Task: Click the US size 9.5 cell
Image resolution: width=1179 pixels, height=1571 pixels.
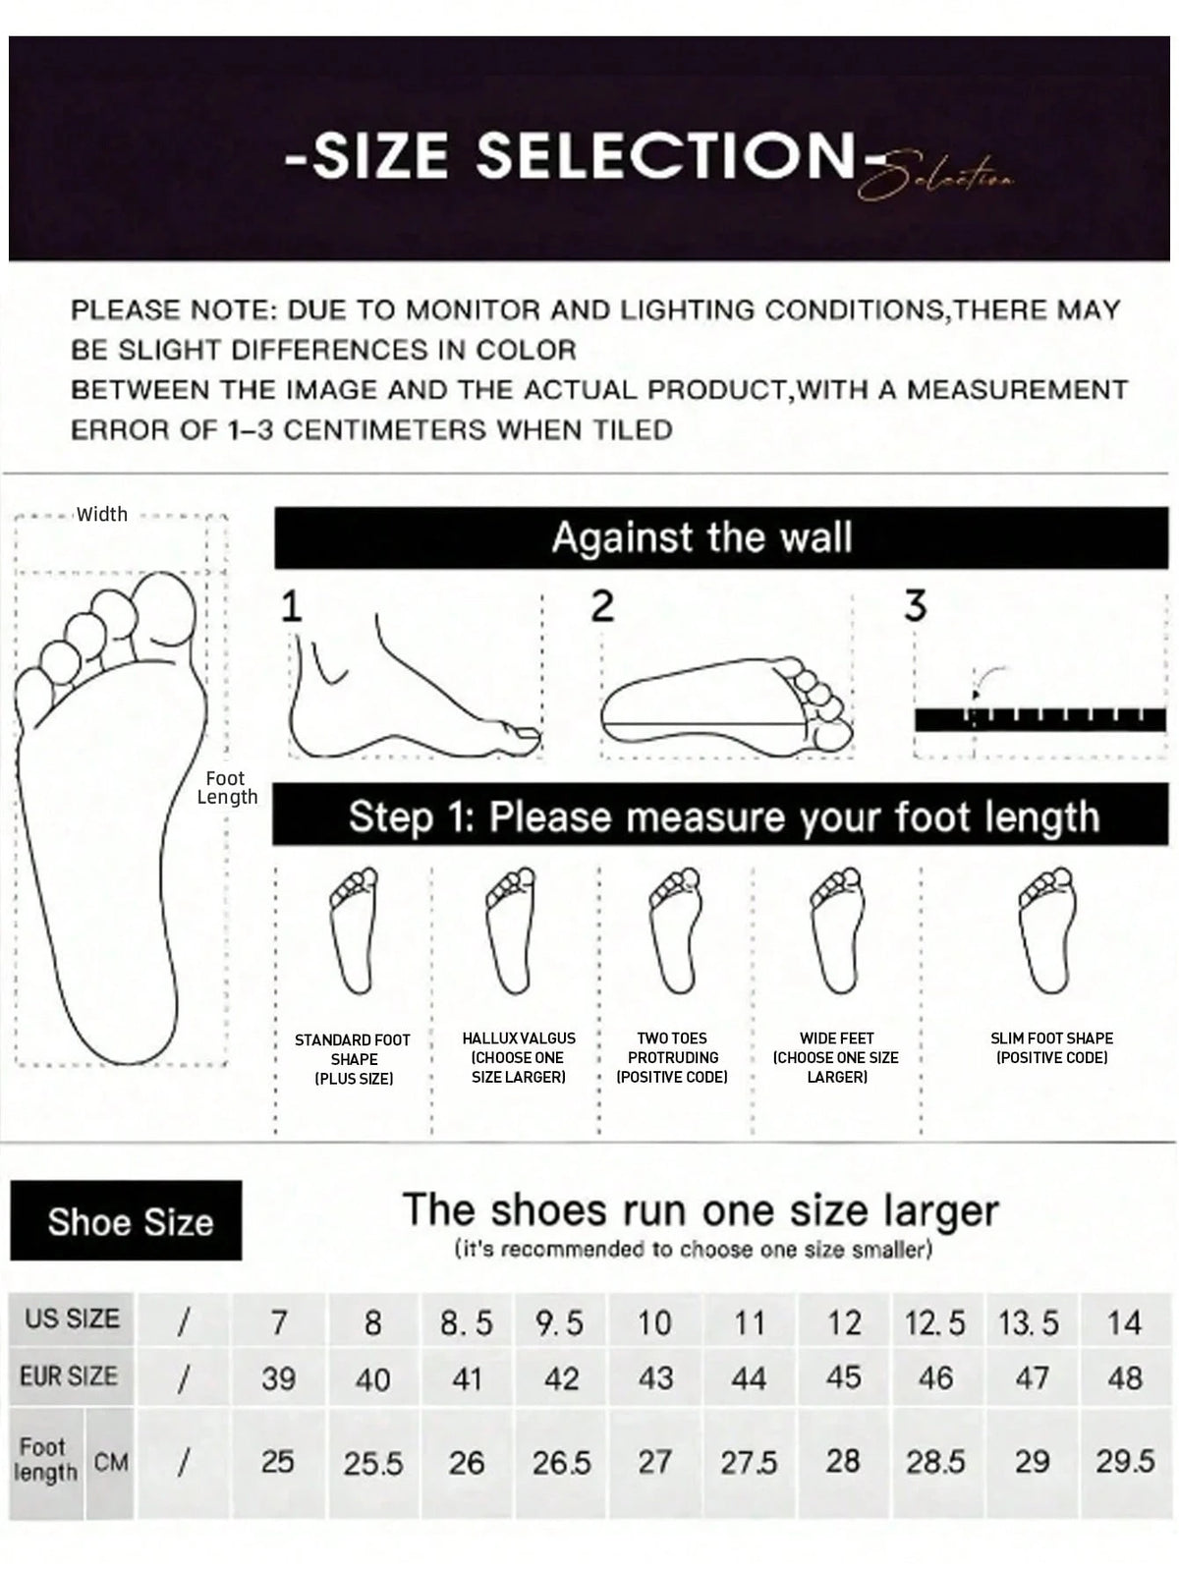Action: pyautogui.click(x=560, y=1322)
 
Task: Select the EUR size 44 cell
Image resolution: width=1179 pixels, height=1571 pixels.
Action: pyautogui.click(x=749, y=1377)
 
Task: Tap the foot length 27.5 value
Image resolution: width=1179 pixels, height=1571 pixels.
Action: pyautogui.click(x=749, y=1462)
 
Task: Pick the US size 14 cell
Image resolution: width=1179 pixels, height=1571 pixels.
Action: pyautogui.click(x=1125, y=1322)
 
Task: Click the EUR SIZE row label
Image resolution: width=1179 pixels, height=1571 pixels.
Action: pyautogui.click(x=69, y=1375)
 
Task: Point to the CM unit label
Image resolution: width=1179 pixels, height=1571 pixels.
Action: pyautogui.click(x=111, y=1462)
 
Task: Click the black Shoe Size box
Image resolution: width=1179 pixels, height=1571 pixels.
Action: pyautogui.click(x=126, y=1221)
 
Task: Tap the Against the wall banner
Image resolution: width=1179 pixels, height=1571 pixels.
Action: pyautogui.click(x=720, y=537)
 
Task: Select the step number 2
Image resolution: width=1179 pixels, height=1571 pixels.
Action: pyautogui.click(x=602, y=606)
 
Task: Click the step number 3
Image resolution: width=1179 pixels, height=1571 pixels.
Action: pyautogui.click(x=916, y=605)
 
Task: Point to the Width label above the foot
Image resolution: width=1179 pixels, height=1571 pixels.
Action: pyautogui.click(x=101, y=514)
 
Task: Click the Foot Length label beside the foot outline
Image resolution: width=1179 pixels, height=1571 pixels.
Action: pyautogui.click(x=227, y=787)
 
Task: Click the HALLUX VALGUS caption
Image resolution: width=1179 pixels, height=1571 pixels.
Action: pyautogui.click(x=519, y=1057)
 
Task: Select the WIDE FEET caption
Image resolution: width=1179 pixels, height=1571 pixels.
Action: pyautogui.click(x=835, y=1057)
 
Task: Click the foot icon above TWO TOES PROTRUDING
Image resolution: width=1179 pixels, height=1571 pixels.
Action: pyautogui.click(x=675, y=930)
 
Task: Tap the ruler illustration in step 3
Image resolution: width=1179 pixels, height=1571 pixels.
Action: pyautogui.click(x=1040, y=718)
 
